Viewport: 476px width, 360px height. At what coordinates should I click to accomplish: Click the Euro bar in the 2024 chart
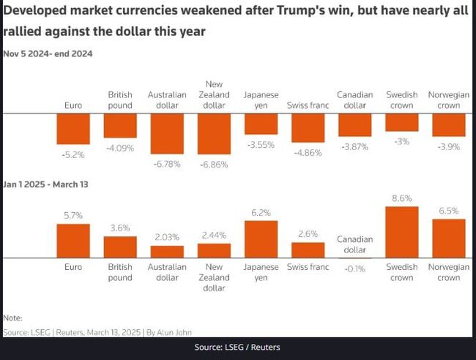pos(73,129)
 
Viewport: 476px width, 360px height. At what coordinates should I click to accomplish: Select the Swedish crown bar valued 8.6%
pos(402,232)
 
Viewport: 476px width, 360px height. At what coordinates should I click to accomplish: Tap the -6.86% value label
pos(214,165)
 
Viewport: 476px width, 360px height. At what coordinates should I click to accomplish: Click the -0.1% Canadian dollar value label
pos(355,269)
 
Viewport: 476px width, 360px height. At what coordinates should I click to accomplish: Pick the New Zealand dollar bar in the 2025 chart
pos(214,250)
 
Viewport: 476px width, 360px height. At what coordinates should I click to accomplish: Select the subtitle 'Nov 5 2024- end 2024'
pos(48,53)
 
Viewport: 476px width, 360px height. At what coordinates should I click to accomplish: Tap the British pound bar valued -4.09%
pos(120,126)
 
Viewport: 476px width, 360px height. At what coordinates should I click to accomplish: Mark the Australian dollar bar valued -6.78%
pos(167,133)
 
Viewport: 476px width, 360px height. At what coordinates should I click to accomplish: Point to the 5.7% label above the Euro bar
pos(73,216)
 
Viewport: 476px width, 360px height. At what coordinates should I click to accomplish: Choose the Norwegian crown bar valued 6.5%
pos(449,238)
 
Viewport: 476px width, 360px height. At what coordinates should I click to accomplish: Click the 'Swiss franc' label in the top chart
pos(308,105)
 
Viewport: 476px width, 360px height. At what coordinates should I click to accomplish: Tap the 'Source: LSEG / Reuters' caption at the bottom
pos(237,347)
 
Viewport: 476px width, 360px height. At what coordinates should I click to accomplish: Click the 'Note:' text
pos(13,318)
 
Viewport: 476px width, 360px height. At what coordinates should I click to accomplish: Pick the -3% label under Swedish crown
pos(402,141)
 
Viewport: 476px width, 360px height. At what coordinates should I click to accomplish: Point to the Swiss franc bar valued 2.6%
pos(308,250)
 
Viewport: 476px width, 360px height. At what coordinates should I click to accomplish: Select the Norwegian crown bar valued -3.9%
pos(449,125)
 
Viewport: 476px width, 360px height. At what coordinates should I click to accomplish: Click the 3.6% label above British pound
pos(120,228)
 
